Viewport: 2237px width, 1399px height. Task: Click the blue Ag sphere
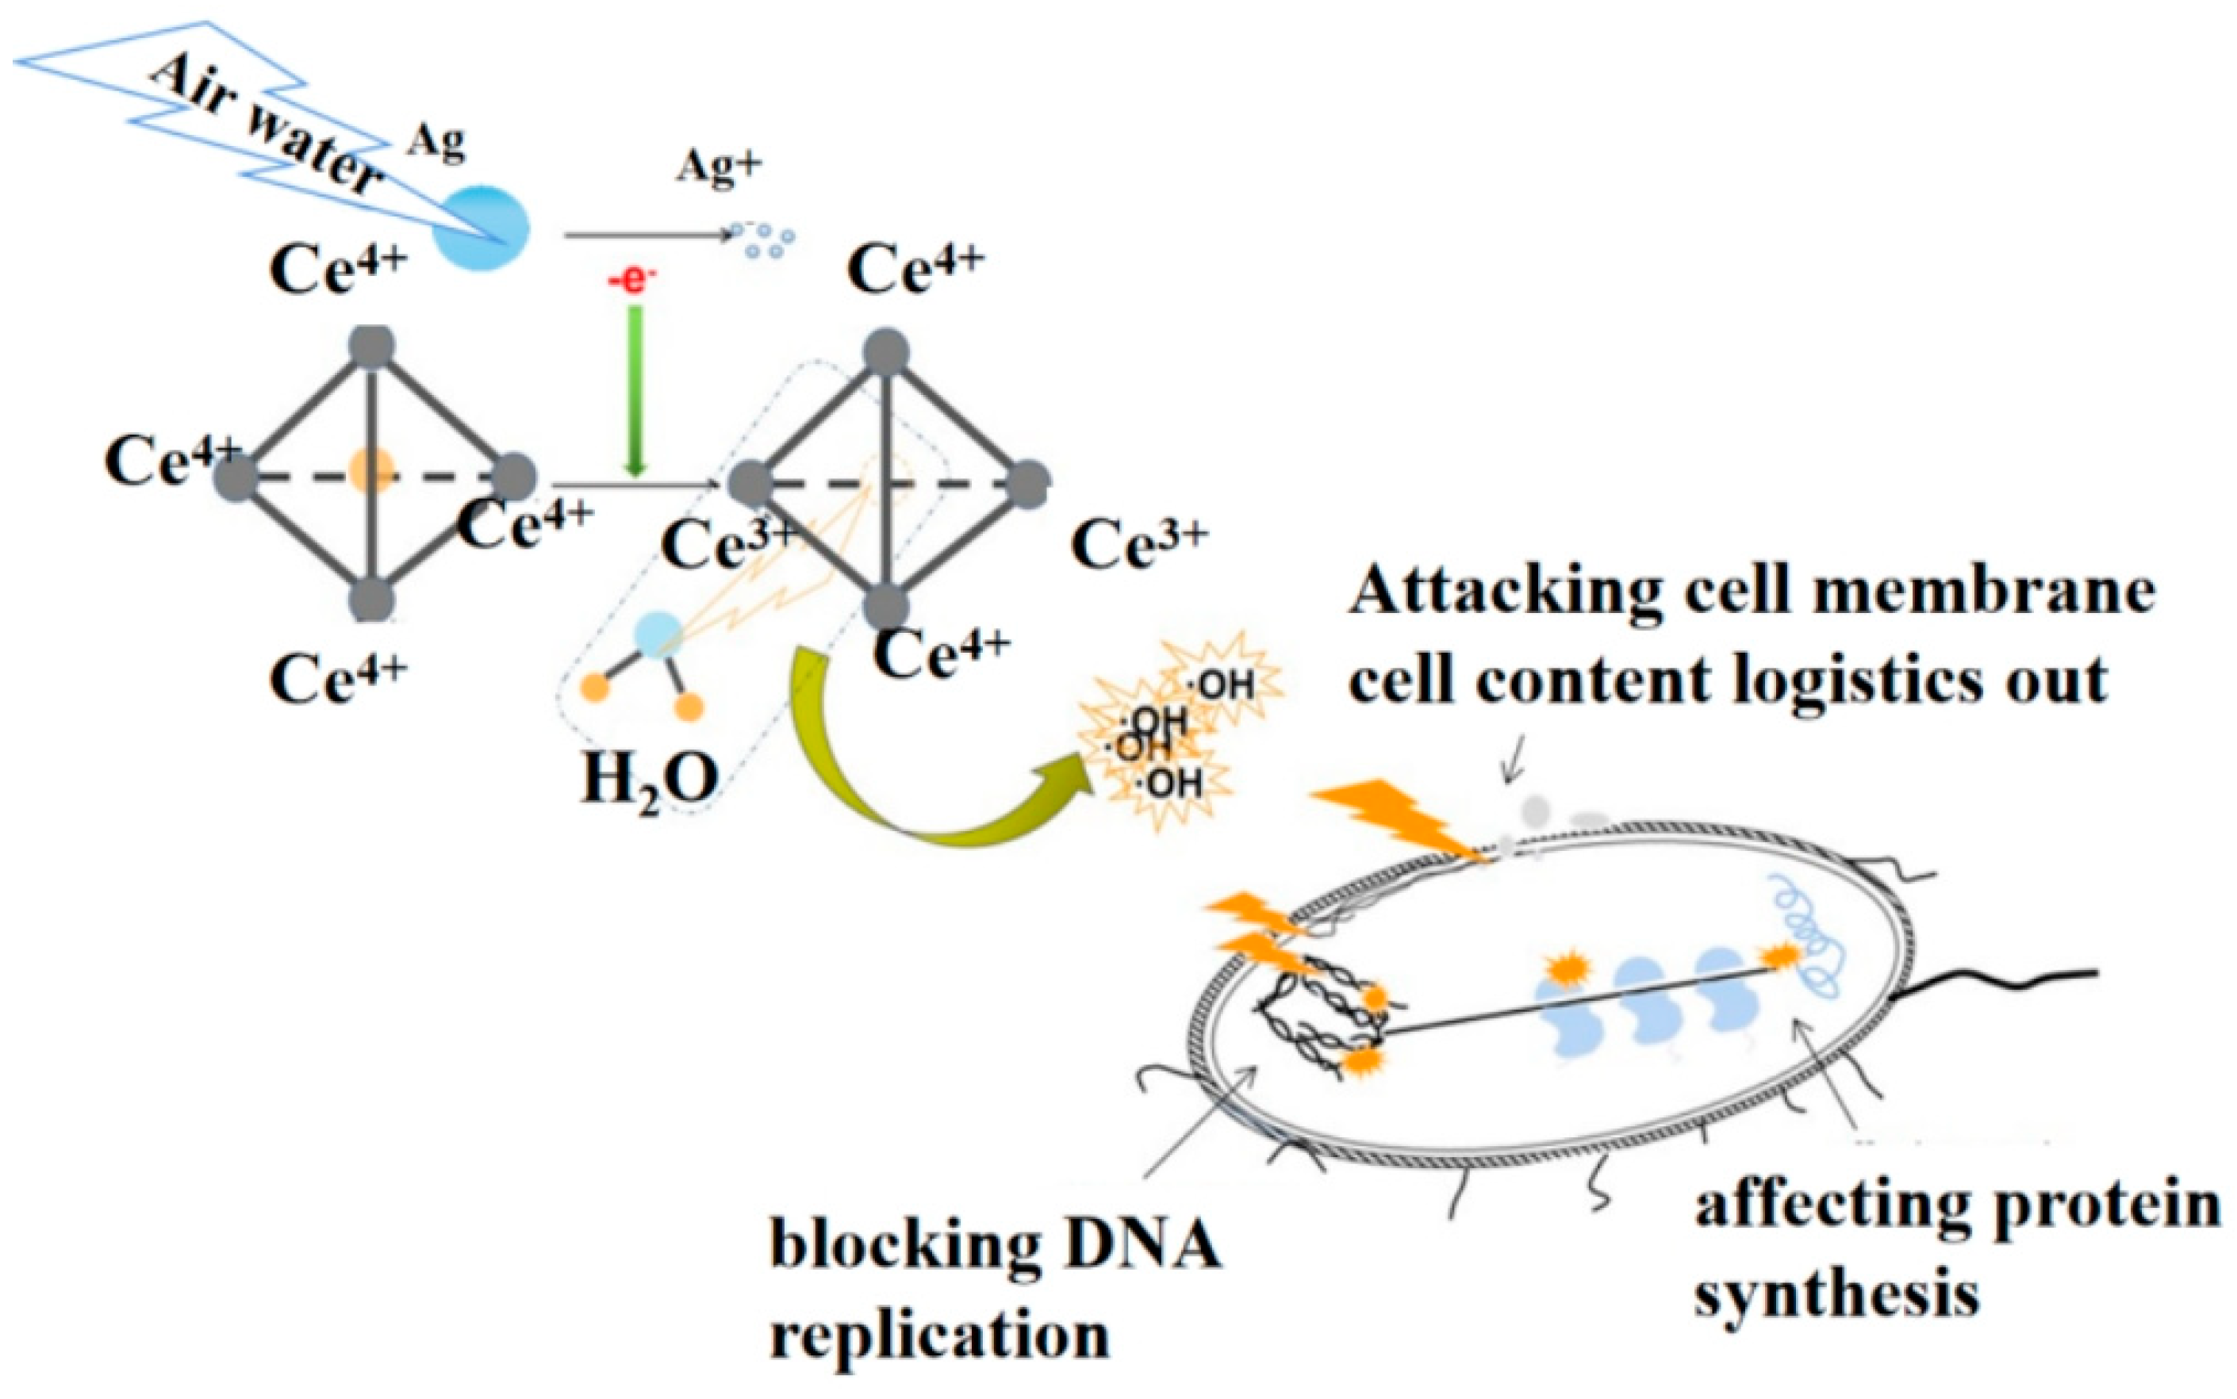482,228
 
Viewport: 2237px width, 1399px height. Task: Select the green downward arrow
635,389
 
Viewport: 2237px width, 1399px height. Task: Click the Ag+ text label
719,168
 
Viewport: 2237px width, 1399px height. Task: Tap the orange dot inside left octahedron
371,470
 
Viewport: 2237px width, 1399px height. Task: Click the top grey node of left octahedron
372,347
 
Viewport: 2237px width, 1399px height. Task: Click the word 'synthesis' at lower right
1836,1294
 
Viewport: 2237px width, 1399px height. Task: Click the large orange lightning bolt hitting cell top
1398,818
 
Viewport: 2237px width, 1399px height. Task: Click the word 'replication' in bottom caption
939,1336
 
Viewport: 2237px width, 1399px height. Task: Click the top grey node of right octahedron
886,352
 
